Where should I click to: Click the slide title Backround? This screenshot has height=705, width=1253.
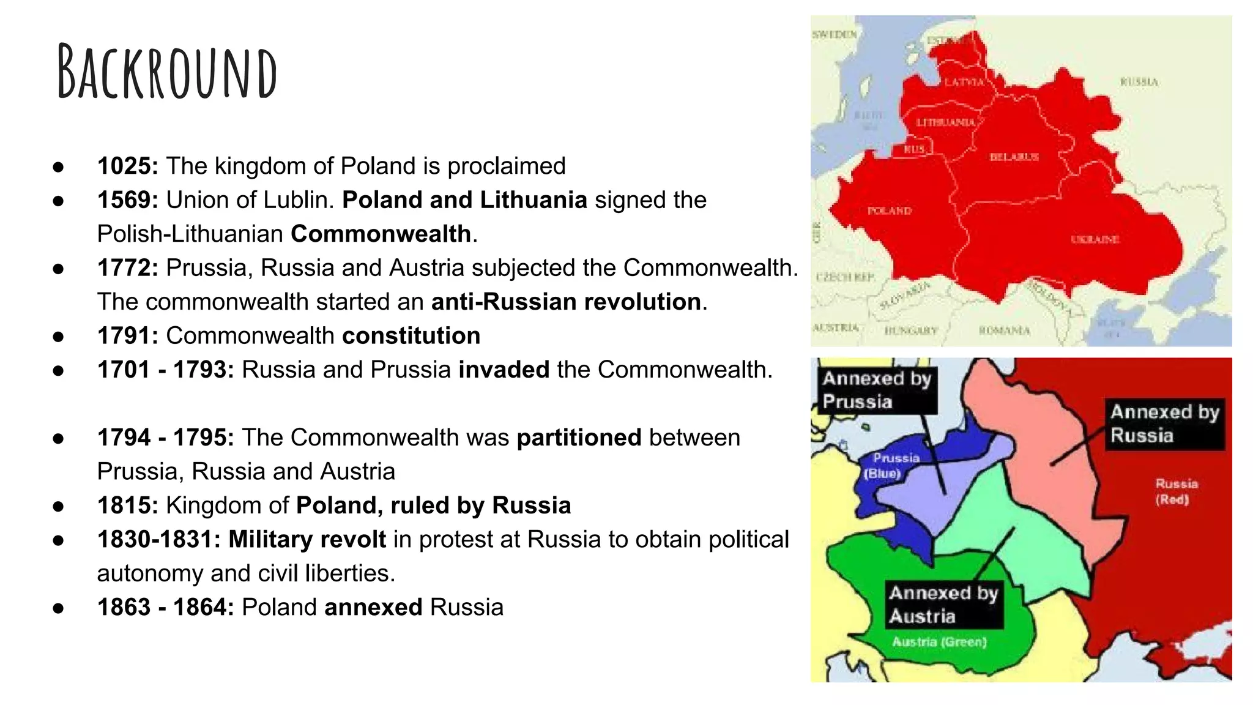pos(167,72)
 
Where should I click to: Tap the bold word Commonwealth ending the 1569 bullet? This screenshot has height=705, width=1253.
pos(381,234)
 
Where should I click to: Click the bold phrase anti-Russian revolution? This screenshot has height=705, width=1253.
pos(566,302)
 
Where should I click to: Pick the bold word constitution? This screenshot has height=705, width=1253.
pos(411,336)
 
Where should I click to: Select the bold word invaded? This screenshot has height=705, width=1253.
pos(504,370)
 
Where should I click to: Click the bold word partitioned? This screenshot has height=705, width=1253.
pos(579,438)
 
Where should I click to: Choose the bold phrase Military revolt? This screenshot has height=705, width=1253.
pos(307,539)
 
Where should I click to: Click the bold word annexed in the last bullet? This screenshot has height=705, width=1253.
pos(373,607)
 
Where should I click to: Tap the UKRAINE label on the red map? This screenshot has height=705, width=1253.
pos(1095,239)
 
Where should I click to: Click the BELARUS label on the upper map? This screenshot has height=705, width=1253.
pos(1014,157)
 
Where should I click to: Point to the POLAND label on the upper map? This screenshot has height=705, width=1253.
pos(889,211)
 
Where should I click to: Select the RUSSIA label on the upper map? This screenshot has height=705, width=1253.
pos(1139,82)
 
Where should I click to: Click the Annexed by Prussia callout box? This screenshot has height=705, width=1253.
pos(876,390)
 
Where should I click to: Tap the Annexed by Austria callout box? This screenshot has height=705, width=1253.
pos(943,604)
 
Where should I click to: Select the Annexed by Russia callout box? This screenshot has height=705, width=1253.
pos(1164,423)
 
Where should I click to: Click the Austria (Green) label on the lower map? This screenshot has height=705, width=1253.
pos(939,642)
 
